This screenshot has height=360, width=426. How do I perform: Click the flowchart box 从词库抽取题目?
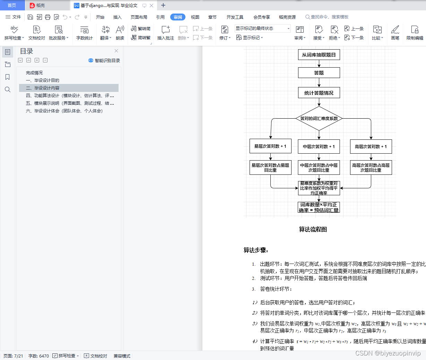319,55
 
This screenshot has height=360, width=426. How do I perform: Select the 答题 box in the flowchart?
319,73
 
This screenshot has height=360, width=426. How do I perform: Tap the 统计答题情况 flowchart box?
319,93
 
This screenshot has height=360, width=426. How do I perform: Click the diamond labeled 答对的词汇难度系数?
319,119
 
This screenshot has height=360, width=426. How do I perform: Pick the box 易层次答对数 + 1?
270,146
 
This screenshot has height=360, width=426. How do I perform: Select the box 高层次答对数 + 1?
371,147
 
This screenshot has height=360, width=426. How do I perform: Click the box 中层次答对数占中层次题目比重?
319,168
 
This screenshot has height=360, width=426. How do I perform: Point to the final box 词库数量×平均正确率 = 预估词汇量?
319,207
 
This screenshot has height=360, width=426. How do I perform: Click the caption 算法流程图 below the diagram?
313,230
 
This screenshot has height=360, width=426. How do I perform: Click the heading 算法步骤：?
256,250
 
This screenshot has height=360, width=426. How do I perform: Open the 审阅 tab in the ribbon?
178,17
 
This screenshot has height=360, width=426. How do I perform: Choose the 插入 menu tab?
118,17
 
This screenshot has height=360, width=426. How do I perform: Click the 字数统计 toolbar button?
85,33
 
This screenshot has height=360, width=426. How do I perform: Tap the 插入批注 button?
166,33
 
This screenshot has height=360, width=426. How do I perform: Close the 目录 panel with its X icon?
116,51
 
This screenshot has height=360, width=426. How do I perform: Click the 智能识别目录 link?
104,60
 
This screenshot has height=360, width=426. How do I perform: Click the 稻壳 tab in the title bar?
41,5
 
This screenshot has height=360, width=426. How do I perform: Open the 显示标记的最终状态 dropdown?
262,28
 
